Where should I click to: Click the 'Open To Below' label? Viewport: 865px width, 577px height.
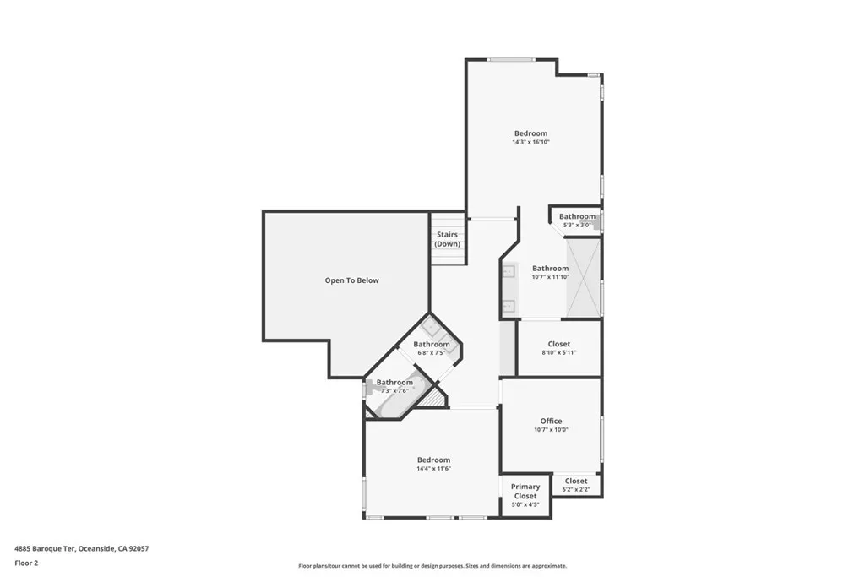point(352,280)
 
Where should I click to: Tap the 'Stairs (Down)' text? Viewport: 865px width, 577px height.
point(448,239)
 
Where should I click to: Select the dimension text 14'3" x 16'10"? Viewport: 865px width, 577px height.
point(530,143)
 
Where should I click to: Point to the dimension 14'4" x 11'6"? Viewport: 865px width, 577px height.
point(433,469)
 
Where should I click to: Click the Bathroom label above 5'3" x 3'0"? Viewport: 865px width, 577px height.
point(577,216)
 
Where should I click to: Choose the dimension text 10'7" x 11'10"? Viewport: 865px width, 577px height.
point(550,277)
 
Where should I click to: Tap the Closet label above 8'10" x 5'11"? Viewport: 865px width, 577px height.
point(558,344)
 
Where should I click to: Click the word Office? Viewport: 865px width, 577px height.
point(551,421)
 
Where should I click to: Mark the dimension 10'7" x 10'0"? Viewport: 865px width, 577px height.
point(551,430)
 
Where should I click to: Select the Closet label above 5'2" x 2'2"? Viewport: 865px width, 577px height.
point(576,481)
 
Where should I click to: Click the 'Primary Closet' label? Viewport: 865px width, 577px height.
point(525,492)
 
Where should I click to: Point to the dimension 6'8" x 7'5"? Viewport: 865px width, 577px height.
point(432,353)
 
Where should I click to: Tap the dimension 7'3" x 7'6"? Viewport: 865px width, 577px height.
point(394,391)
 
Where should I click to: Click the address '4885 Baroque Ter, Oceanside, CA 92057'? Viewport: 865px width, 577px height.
point(81,548)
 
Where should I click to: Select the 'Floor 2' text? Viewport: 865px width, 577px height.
point(26,563)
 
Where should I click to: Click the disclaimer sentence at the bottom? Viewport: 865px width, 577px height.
point(432,566)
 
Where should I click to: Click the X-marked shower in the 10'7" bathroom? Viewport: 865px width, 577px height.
point(582,278)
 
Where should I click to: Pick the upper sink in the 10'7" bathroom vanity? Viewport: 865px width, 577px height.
point(509,271)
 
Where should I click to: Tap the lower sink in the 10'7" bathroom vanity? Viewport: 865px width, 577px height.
point(509,306)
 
